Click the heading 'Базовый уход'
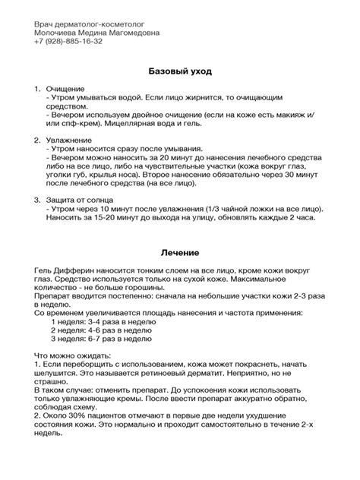tap(180, 71)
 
